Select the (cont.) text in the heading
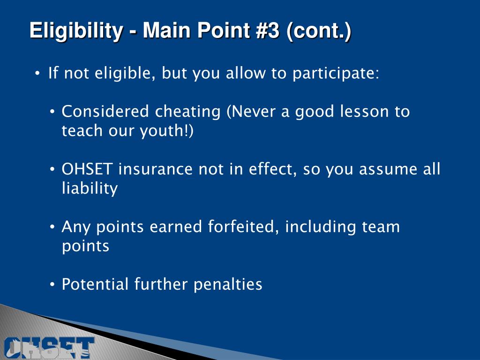[319, 31]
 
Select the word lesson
[364, 112]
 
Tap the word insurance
[156, 169]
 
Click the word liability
[90, 189]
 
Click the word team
[381, 227]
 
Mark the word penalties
[228, 285]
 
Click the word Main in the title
[164, 31]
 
